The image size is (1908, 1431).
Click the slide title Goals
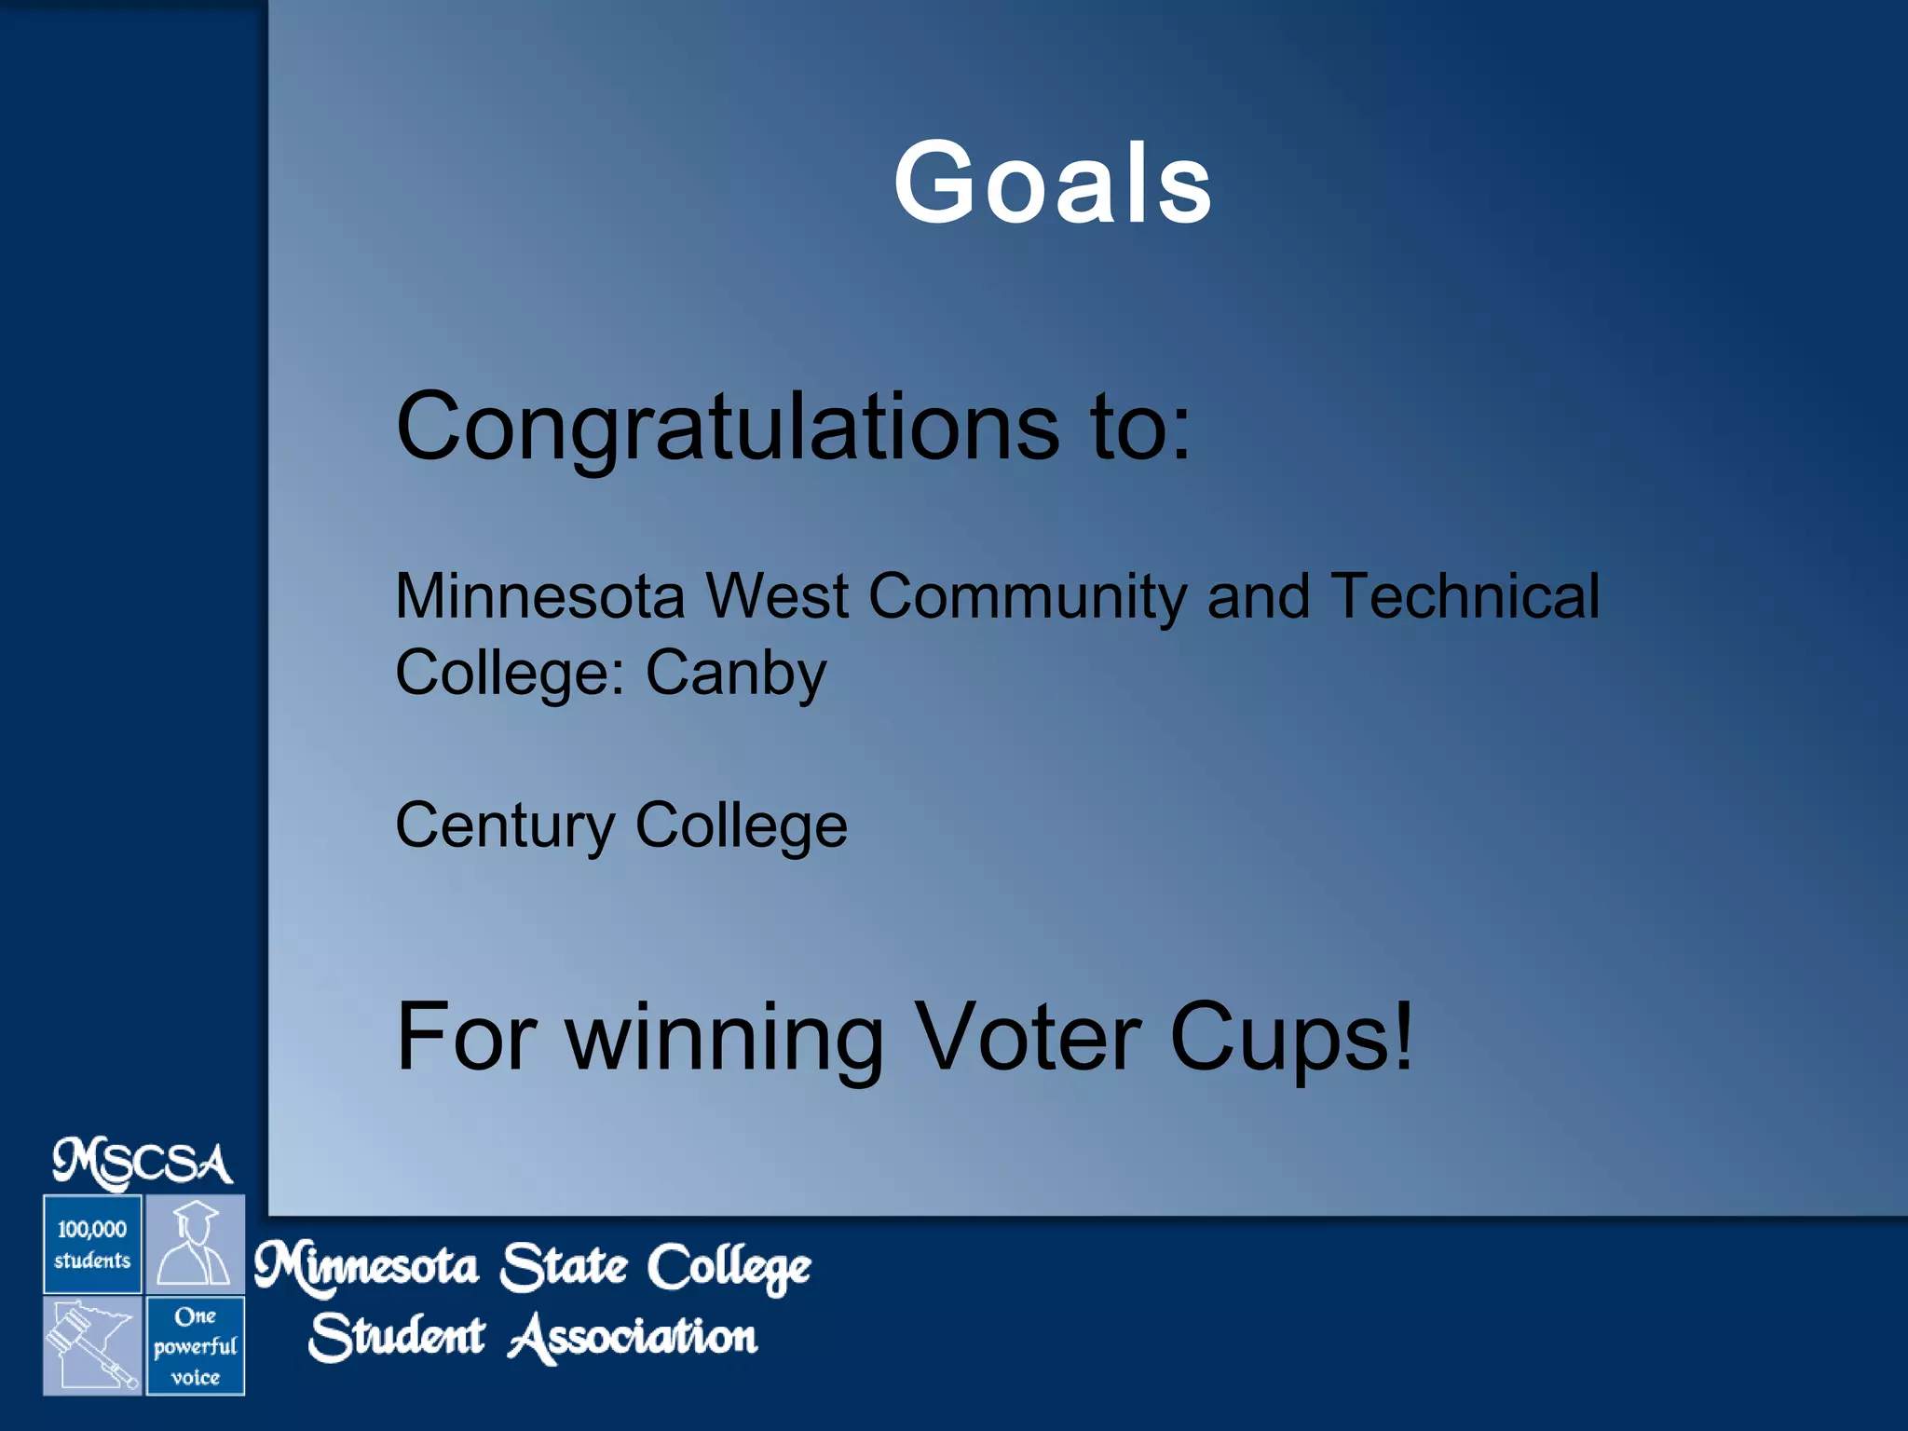(1053, 183)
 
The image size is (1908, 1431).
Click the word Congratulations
(727, 427)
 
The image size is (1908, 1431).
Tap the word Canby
(736, 673)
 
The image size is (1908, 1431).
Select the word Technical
(1465, 596)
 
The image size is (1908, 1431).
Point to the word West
(777, 596)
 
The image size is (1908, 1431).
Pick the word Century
(505, 825)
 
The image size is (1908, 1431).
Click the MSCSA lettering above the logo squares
(143, 1164)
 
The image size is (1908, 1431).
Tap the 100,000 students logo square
(92, 1244)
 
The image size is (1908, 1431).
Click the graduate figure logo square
(195, 1244)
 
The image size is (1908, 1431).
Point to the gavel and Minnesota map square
(92, 1345)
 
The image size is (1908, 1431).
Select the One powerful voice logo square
(195, 1345)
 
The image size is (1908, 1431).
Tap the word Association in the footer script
(634, 1338)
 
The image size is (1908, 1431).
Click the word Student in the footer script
(397, 1338)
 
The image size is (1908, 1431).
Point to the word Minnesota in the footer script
(366, 1267)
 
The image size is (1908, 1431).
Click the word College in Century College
(742, 825)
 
